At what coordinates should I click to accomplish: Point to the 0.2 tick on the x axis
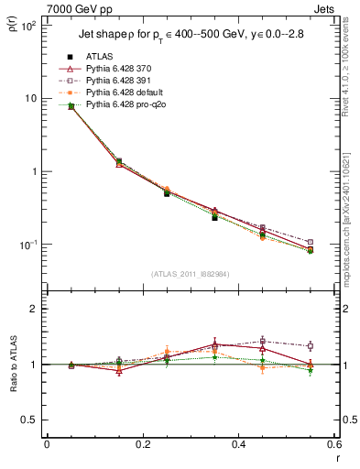tap(143, 444)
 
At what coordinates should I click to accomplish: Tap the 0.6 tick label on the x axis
tap(335, 444)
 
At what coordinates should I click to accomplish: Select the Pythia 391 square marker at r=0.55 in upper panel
tap(335, 242)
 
